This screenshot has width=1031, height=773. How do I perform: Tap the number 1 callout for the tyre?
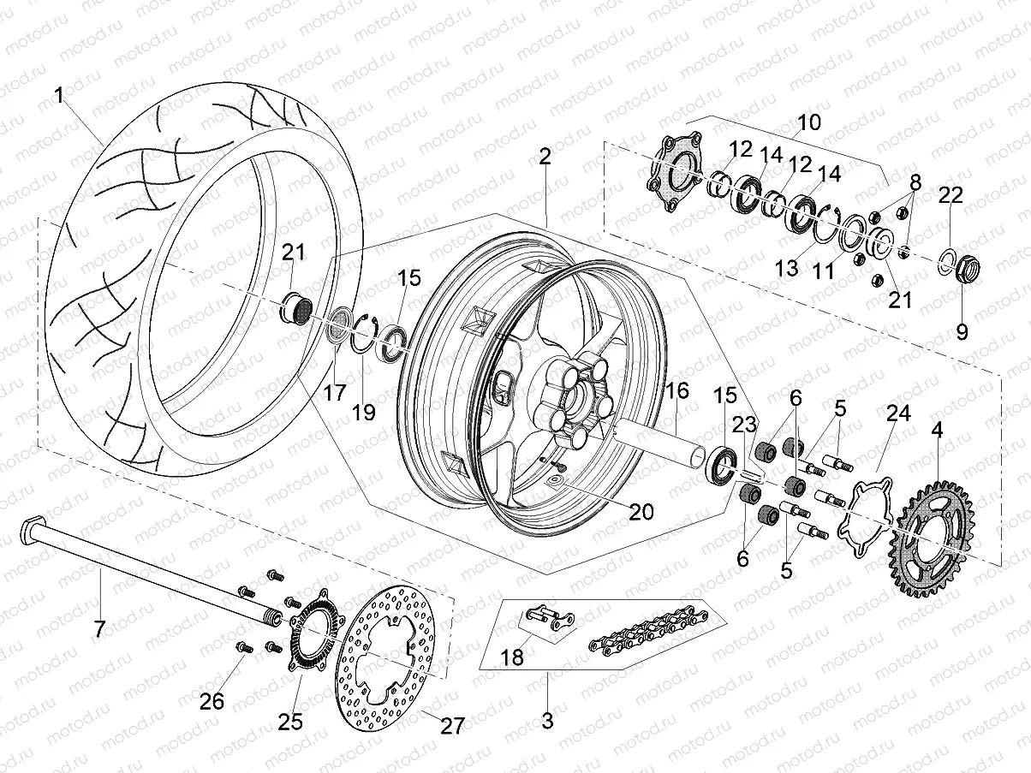tap(59, 96)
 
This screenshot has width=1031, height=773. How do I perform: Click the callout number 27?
tap(451, 727)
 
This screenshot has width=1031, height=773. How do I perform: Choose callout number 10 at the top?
tap(808, 122)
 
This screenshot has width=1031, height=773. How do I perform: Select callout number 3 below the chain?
tap(547, 720)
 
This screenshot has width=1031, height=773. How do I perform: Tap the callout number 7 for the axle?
tap(98, 630)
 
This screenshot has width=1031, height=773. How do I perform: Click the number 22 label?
tap(951, 195)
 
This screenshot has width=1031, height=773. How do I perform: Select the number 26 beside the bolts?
tap(212, 702)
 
